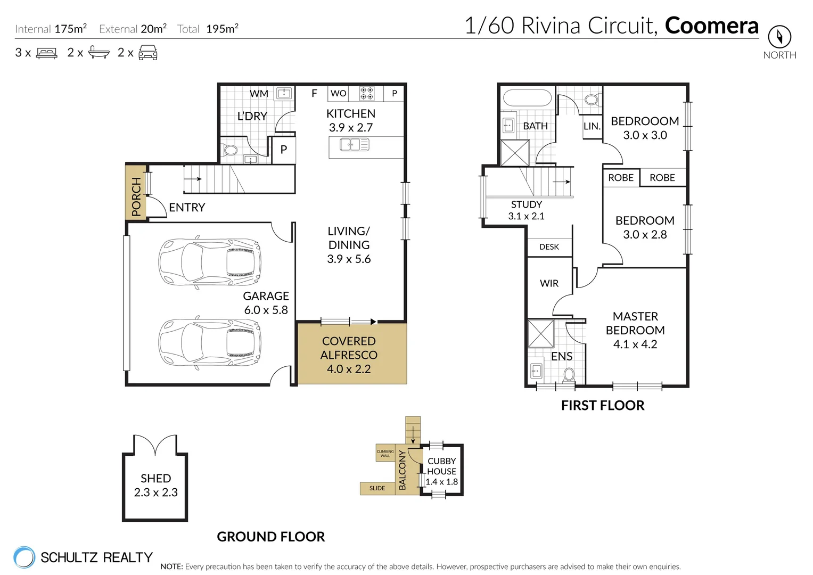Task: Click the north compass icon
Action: (779, 37)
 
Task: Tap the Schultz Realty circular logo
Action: (24, 557)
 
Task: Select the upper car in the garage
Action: (210, 262)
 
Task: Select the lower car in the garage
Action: (210, 343)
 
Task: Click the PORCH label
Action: (136, 197)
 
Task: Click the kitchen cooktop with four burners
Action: (367, 93)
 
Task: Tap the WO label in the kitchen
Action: (338, 94)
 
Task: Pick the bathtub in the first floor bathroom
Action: (527, 99)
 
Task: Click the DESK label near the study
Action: (549, 247)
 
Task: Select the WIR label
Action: (549, 284)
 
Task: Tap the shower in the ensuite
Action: (540, 333)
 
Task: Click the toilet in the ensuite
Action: (569, 374)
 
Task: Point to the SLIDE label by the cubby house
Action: (377, 488)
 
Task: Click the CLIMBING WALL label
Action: (385, 454)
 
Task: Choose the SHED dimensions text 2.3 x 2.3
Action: (155, 492)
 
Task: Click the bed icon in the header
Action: (46, 53)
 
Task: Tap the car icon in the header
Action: (147, 53)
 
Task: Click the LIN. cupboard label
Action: (592, 127)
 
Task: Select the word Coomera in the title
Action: (711, 26)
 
